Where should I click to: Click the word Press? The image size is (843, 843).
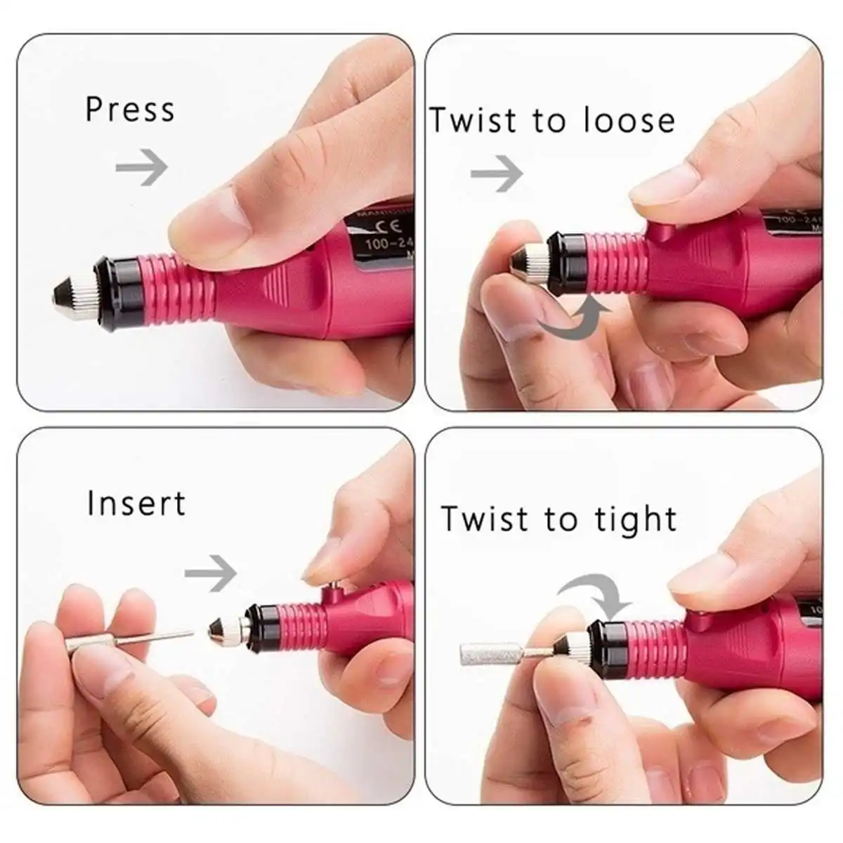click(130, 110)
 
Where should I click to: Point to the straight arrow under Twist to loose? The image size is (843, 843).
click(497, 172)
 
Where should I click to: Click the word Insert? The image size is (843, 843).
click(136, 504)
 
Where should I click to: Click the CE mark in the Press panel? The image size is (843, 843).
click(377, 227)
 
